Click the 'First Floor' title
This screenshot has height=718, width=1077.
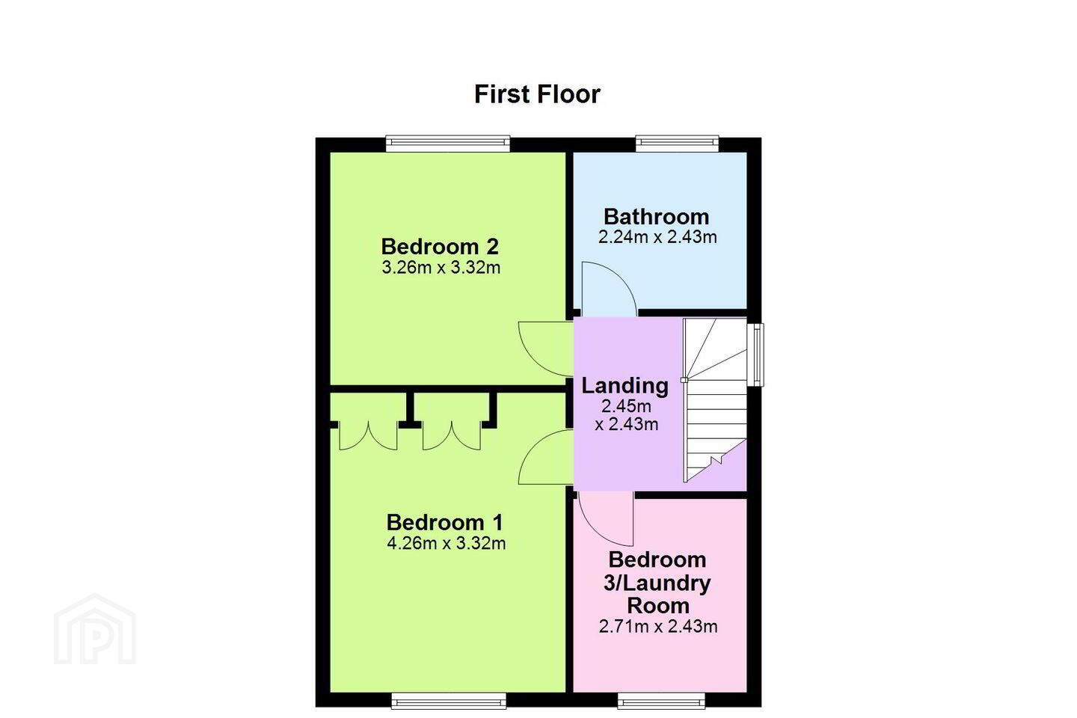click(x=537, y=94)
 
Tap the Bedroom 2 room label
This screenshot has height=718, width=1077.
click(x=440, y=247)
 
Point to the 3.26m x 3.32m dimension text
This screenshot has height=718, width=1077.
click(x=441, y=268)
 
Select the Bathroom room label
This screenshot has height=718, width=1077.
click(x=657, y=217)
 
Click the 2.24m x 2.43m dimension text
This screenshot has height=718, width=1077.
click(x=657, y=237)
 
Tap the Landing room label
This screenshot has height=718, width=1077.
click(x=625, y=386)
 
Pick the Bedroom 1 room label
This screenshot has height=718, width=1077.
click(x=445, y=522)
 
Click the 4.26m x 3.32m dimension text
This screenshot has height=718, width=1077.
click(x=447, y=544)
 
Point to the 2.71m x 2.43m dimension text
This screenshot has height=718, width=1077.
click(x=658, y=626)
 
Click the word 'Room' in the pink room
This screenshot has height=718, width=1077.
click(x=658, y=606)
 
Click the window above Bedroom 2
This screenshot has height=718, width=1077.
click(x=447, y=144)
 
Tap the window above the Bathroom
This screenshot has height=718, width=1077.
click(x=677, y=144)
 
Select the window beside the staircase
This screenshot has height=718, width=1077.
click(x=755, y=355)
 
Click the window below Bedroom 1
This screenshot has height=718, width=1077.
click(x=449, y=701)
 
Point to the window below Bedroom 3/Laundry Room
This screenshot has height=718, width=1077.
click(x=661, y=701)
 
